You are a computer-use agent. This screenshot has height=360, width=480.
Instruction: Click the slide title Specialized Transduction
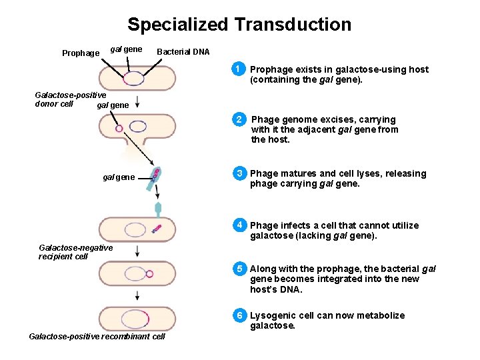239,25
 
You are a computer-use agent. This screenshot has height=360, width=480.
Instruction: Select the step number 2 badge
238,120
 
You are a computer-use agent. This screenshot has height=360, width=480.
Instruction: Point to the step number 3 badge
237,174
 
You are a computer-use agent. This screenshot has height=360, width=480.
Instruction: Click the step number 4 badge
237,225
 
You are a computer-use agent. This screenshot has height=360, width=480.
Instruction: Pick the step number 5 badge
237,269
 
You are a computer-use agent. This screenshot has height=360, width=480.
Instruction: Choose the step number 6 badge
237,315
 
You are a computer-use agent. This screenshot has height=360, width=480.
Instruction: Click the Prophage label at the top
81,53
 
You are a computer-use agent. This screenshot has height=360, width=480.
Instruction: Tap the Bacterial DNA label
183,52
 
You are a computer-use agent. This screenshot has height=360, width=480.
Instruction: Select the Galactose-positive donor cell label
70,99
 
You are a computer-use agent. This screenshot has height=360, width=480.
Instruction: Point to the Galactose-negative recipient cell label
75,252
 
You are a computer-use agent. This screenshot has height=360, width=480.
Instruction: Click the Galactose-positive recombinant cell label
97,336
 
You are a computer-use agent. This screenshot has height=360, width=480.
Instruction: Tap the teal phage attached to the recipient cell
158,209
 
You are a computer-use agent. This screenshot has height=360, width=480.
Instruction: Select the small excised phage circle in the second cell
119,129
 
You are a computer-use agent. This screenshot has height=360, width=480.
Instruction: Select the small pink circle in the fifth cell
149,273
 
